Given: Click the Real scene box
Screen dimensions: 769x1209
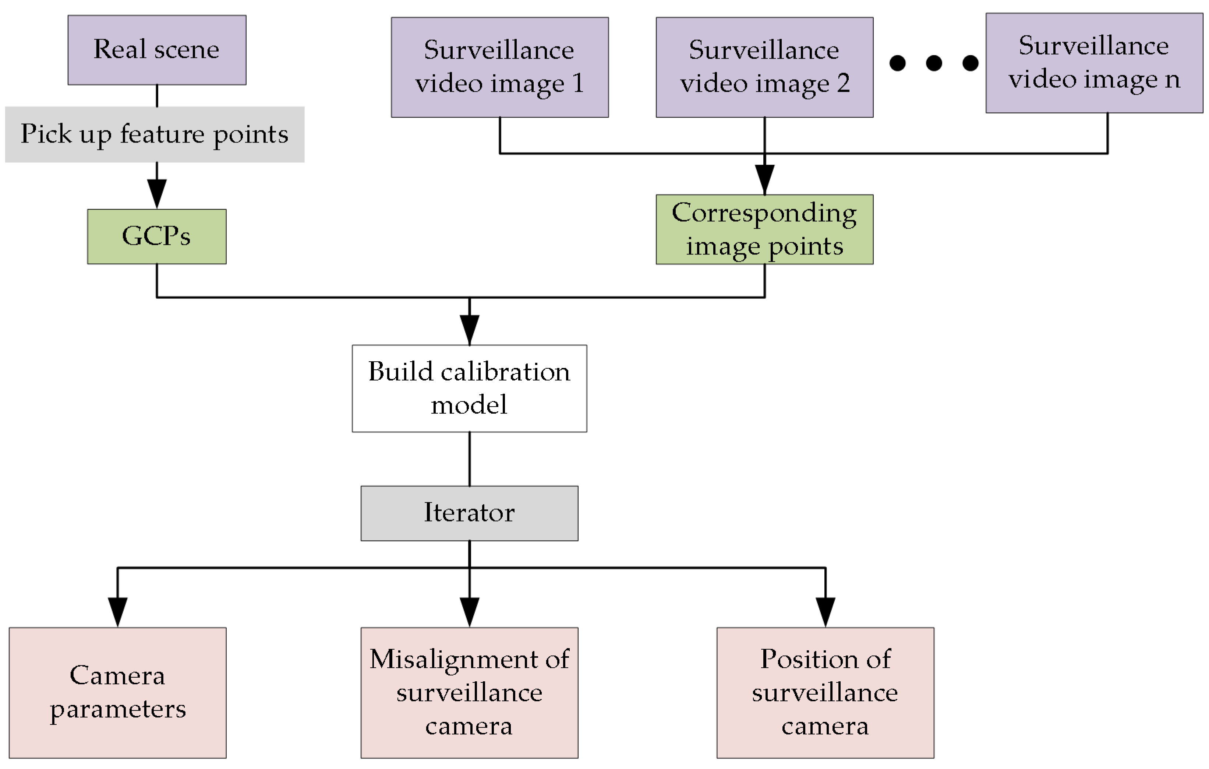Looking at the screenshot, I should click(157, 50).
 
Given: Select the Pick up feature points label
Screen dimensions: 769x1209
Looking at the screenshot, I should click(155, 134).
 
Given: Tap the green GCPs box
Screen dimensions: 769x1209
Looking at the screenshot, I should click(157, 236).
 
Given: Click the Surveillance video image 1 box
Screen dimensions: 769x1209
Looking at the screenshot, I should click(499, 67).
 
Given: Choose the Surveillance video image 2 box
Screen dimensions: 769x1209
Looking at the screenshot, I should click(764, 67).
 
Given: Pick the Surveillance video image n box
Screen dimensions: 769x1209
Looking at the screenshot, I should click(1094, 63).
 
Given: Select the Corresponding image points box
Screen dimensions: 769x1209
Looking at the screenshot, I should click(764, 229).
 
